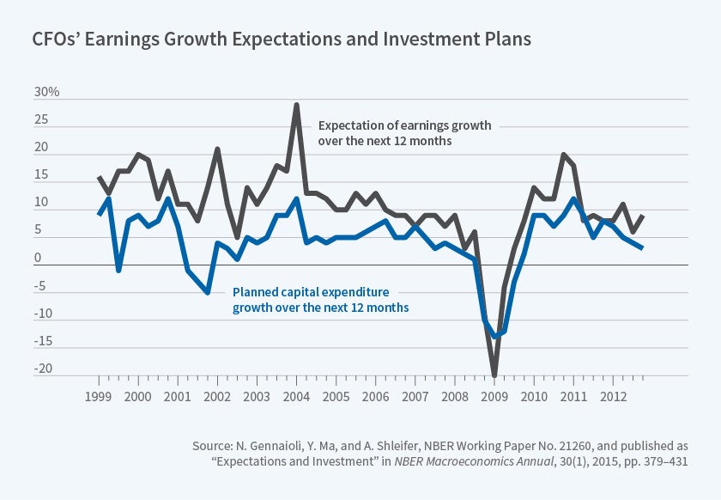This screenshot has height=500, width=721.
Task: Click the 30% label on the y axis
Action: tap(47, 92)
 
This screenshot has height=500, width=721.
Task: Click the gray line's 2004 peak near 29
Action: tap(296, 105)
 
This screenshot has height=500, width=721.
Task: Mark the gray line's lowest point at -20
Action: tap(494, 375)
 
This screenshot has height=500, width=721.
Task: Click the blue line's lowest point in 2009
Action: tap(495, 336)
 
